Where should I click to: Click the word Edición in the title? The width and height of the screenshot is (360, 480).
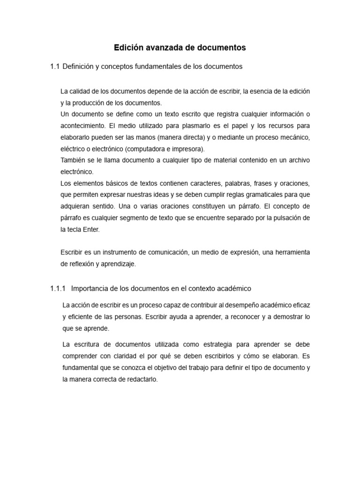tap(128, 48)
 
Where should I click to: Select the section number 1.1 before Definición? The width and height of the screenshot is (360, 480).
tap(55, 67)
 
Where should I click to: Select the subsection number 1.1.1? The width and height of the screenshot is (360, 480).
tap(58, 288)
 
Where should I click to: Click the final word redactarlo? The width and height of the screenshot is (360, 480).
tap(142, 380)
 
